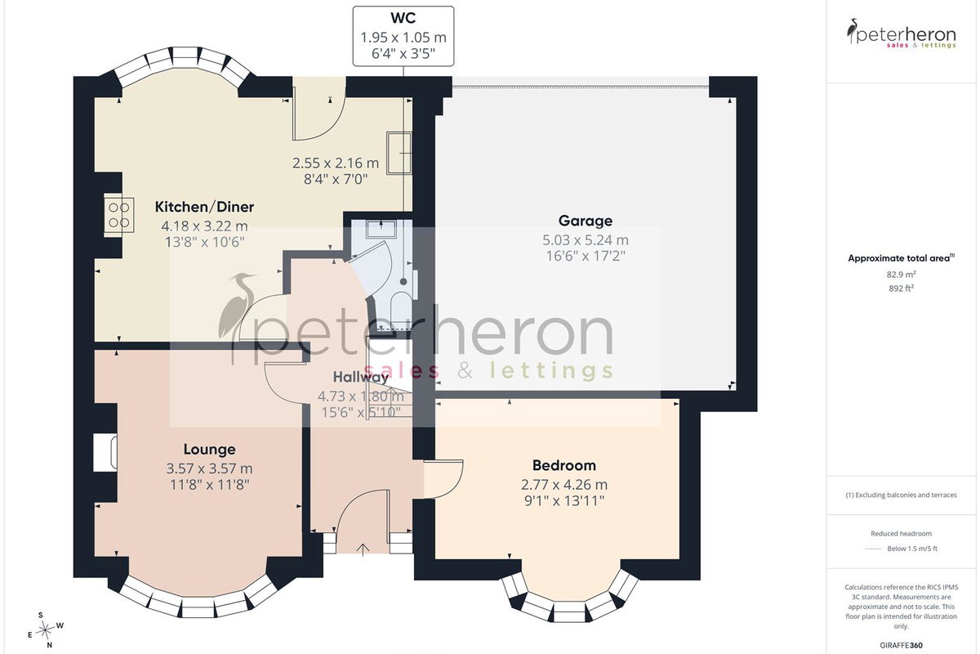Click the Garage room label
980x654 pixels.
(x=586, y=221)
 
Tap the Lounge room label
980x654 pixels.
(x=210, y=449)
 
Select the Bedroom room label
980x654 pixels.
(x=564, y=465)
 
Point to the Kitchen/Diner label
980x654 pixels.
(x=204, y=207)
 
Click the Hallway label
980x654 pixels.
(x=361, y=377)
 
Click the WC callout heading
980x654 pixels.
(x=403, y=18)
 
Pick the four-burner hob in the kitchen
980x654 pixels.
(x=119, y=215)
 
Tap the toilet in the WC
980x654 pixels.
(x=400, y=308)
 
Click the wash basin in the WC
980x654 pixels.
(x=381, y=229)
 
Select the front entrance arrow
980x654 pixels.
(x=363, y=549)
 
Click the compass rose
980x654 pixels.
(x=46, y=630)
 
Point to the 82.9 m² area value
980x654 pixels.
(x=902, y=274)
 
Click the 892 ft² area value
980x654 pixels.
(x=902, y=289)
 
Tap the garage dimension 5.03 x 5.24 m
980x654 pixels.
(x=586, y=240)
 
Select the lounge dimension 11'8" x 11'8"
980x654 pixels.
(x=210, y=485)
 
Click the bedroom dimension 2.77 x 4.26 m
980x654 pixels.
(x=564, y=485)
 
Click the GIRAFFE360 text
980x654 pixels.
(x=902, y=645)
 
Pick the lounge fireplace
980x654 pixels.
(x=105, y=453)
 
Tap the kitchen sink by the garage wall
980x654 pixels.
(x=399, y=154)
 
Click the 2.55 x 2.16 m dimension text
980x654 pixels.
(x=336, y=163)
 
